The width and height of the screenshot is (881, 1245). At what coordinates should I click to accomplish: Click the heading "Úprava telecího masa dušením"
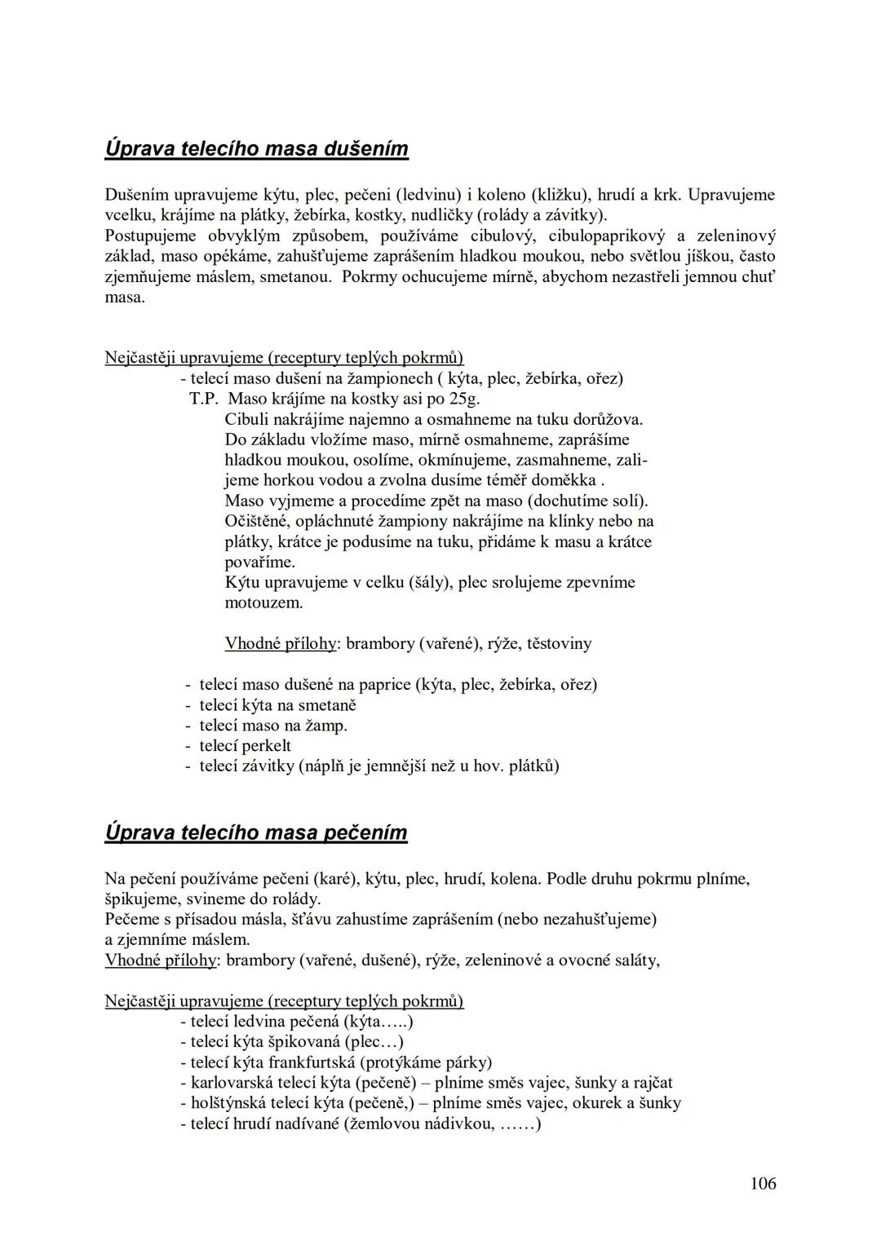tap(256, 149)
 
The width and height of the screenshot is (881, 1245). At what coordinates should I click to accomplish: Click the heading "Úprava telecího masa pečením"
tap(255, 832)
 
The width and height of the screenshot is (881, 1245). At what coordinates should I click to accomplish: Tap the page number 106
tap(763, 1183)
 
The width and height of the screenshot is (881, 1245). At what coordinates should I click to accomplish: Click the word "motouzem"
tap(263, 603)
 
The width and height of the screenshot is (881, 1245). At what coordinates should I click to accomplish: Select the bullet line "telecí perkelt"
tap(245, 746)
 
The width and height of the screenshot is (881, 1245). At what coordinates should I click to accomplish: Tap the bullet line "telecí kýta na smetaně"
tap(277, 705)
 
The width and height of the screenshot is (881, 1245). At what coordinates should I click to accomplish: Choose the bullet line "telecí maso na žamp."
tap(273, 726)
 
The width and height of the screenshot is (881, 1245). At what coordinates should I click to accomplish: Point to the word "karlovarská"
tap(231, 1083)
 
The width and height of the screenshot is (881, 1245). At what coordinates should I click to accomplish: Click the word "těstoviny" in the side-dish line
tap(559, 643)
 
